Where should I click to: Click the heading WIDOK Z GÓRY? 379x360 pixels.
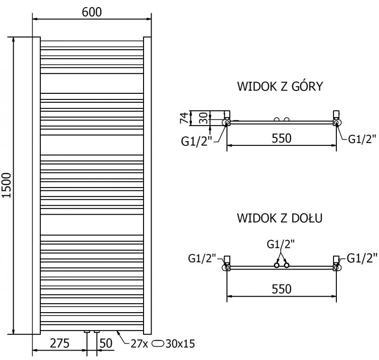click(280, 87)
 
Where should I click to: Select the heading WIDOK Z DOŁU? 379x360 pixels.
click(280, 218)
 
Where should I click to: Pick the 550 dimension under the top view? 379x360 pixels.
click(281, 138)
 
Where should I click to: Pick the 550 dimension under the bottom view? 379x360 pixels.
click(281, 288)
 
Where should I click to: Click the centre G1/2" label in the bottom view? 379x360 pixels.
click(280, 244)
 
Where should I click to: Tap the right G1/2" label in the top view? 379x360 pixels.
click(362, 138)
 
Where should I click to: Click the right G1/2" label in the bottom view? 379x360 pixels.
click(362, 258)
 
